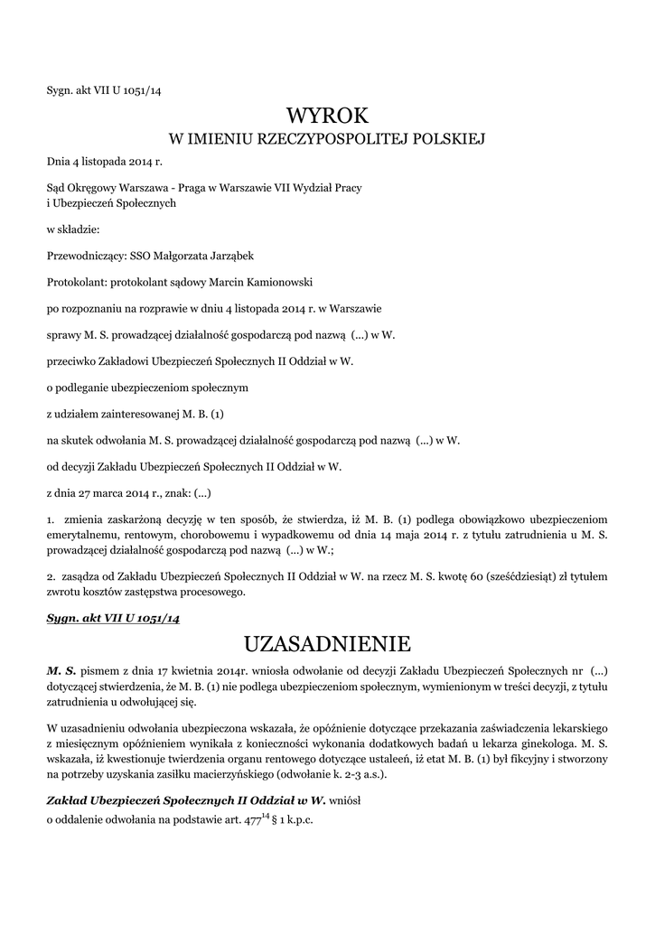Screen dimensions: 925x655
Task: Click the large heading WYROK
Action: pyautogui.click(x=328, y=115)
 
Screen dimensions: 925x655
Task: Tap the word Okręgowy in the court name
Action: pyautogui.click(x=98, y=187)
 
